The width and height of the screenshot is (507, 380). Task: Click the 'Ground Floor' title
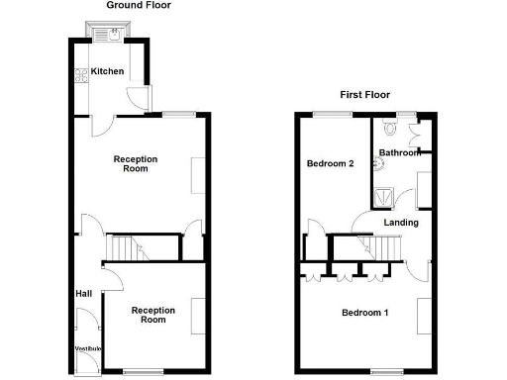(139, 6)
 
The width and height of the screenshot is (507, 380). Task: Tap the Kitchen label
(108, 72)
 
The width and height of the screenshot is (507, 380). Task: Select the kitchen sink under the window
(106, 33)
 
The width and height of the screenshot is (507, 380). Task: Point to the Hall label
(84, 294)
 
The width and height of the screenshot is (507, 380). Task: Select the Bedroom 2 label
(330, 163)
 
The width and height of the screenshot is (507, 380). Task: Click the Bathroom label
(400, 152)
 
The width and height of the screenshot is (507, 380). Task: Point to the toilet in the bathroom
(388, 129)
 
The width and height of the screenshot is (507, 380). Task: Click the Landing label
(401, 223)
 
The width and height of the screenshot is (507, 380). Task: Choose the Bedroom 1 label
(365, 314)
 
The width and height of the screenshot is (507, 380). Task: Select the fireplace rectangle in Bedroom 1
(426, 316)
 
